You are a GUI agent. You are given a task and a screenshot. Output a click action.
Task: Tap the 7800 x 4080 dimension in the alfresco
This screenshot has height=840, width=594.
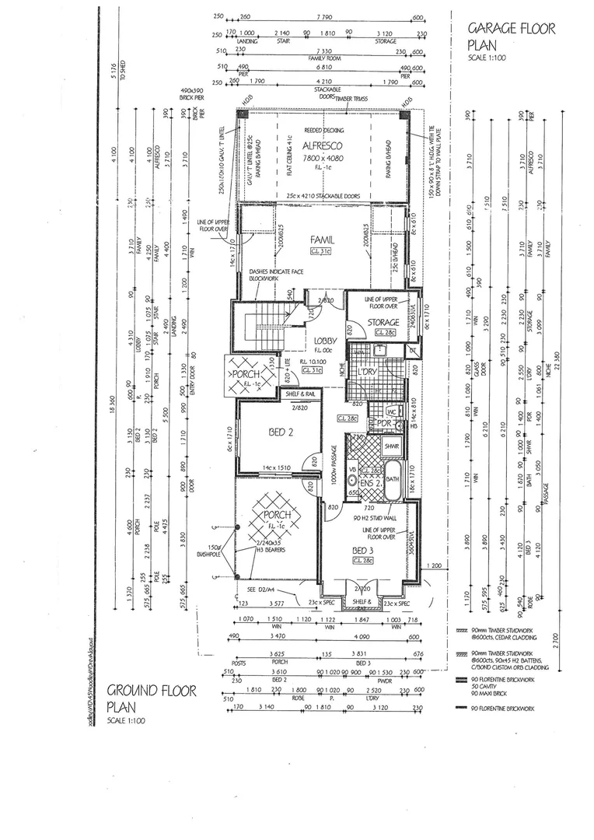point(324,156)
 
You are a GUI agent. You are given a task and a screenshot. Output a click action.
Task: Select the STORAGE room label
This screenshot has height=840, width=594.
point(383,322)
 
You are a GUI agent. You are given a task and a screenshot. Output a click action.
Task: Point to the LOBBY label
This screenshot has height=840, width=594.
point(324,341)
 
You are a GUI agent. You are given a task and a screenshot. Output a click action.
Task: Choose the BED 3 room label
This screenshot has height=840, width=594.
point(363,549)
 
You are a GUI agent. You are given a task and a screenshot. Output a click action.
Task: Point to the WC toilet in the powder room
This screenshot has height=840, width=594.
point(391,412)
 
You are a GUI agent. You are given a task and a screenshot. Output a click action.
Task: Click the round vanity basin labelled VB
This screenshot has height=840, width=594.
point(352,481)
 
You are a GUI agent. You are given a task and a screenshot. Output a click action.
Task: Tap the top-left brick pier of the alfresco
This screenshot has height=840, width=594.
point(243,114)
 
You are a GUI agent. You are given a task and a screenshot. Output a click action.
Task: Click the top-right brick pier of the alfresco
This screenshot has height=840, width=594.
point(405,114)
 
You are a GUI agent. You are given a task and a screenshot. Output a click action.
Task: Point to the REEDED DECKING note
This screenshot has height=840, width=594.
point(324,131)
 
